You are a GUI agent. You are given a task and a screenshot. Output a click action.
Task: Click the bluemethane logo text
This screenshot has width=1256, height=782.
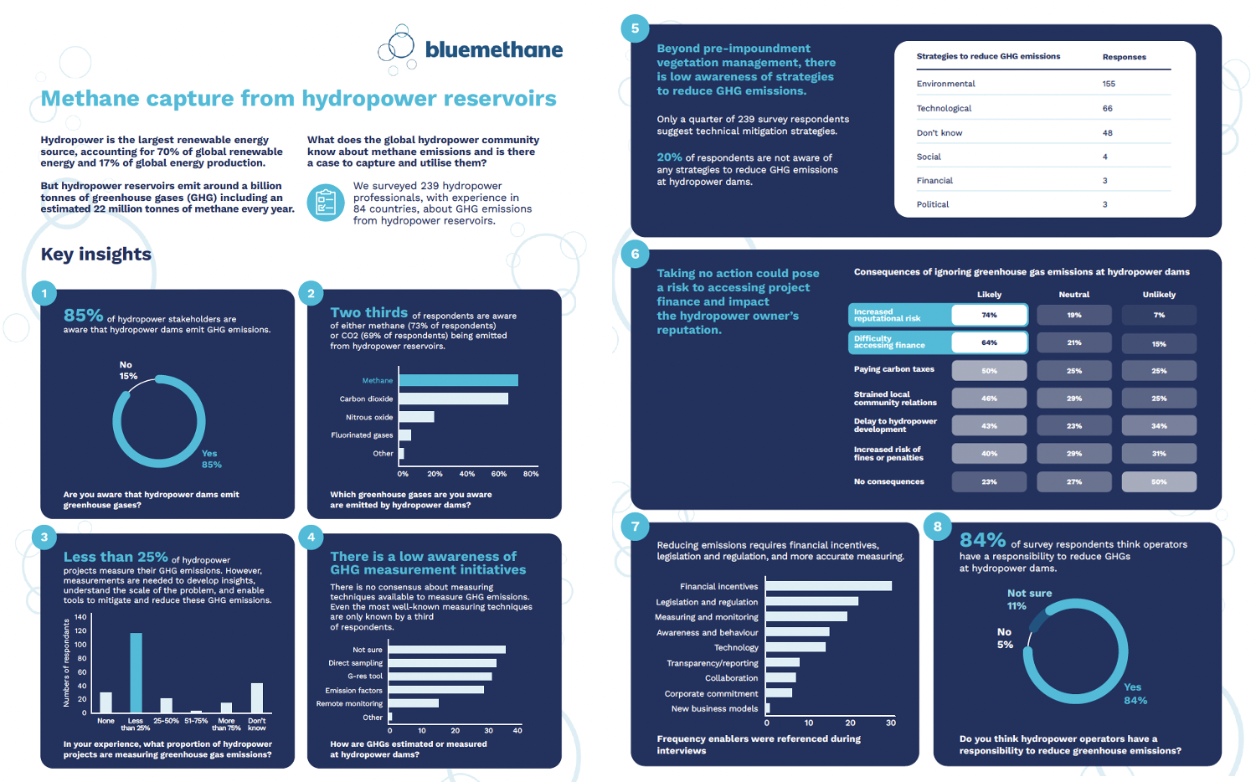(x=493, y=49)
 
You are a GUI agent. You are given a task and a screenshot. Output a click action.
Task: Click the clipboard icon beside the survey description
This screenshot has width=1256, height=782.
(x=326, y=203)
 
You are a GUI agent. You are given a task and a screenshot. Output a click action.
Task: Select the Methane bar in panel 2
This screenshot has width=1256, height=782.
(x=458, y=380)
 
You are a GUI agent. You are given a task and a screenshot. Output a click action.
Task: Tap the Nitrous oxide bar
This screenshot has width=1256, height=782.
(x=416, y=417)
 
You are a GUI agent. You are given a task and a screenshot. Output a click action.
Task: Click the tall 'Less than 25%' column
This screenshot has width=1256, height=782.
(x=136, y=672)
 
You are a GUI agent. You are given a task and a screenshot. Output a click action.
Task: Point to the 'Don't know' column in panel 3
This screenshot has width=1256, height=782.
(x=257, y=697)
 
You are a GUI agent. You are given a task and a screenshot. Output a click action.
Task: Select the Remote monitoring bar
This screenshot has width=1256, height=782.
(x=414, y=703)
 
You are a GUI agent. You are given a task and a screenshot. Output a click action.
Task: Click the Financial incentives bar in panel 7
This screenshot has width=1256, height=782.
(x=828, y=586)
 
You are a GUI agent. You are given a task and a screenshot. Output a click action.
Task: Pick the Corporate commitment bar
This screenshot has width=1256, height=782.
(x=779, y=693)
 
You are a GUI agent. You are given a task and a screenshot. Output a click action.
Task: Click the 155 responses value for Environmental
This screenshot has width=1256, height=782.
(x=1109, y=84)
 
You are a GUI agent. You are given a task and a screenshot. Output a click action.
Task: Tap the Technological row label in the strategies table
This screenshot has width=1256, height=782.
(x=944, y=108)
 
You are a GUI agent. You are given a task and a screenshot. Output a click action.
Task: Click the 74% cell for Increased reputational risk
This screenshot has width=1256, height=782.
(x=989, y=315)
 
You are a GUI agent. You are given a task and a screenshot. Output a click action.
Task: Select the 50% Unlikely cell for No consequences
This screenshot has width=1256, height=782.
(x=1159, y=481)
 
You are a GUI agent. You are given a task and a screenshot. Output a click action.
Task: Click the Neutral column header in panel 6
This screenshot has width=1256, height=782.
(x=1073, y=295)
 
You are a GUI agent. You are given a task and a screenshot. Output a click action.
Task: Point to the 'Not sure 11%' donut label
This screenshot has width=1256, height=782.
(x=1029, y=599)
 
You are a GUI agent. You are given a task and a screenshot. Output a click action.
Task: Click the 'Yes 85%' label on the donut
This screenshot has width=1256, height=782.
(x=211, y=459)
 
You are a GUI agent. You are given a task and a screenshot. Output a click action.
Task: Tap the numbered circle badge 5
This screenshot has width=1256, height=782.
(x=635, y=28)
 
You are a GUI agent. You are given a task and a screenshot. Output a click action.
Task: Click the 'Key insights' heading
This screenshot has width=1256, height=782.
(x=96, y=255)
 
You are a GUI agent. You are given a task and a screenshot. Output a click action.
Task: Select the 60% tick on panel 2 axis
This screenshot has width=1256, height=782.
(x=499, y=474)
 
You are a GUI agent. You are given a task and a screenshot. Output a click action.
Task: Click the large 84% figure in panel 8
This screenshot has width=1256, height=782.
(x=982, y=540)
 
